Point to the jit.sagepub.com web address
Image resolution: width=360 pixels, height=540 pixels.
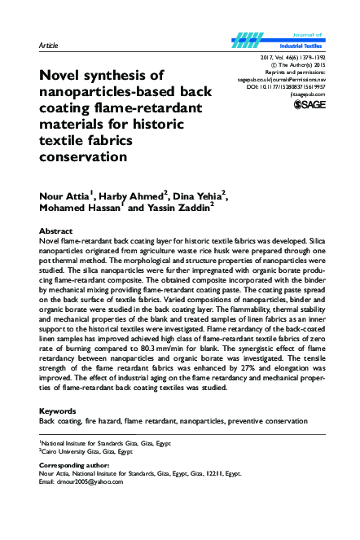click(307, 93)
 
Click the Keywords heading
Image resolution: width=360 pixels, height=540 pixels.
click(58, 410)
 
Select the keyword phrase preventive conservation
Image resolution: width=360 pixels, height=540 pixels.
click(268, 420)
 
